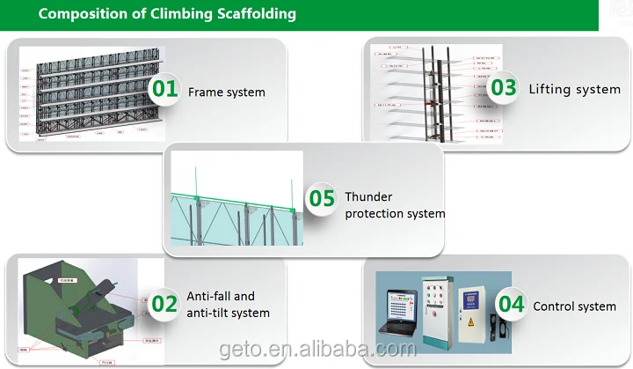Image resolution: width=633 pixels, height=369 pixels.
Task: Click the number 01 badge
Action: [164, 89]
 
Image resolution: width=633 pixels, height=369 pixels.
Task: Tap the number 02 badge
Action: [164, 305]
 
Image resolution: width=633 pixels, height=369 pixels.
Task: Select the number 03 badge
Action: [503, 88]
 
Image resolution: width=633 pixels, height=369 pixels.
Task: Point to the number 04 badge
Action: [511, 304]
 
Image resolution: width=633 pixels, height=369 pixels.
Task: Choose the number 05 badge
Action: [321, 199]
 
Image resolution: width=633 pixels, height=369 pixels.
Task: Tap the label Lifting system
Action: [574, 89]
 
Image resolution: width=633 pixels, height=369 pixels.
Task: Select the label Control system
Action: [574, 306]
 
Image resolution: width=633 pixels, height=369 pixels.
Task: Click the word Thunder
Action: [368, 197]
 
